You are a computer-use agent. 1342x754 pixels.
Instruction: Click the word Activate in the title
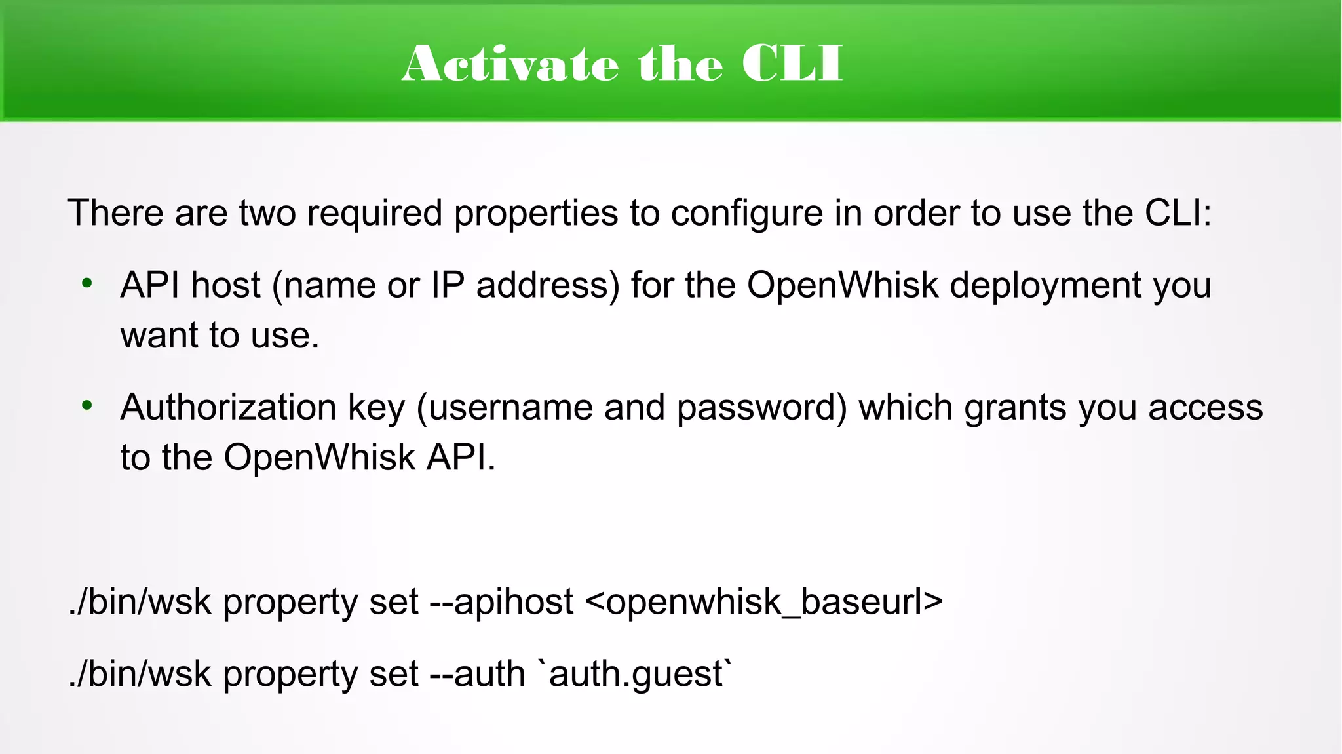pos(510,64)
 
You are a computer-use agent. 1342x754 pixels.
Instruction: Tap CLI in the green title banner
pos(792,64)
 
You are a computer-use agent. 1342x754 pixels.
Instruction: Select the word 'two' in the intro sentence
pos(267,213)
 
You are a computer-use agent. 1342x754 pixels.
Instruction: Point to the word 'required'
pos(374,214)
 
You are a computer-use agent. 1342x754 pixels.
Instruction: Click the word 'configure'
pos(746,214)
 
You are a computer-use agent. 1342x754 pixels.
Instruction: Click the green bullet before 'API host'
pos(87,284)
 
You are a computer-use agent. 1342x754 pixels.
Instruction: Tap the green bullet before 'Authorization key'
pos(87,406)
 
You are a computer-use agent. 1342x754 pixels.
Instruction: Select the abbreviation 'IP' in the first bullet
pos(448,285)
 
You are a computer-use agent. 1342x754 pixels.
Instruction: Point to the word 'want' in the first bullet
pos(159,336)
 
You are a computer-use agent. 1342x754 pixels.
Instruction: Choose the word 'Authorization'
pos(229,407)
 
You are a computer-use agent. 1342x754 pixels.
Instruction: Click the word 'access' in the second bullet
pos(1205,408)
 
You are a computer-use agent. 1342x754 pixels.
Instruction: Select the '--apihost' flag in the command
pos(501,603)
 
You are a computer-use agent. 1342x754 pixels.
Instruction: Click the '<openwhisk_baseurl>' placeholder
pos(763,603)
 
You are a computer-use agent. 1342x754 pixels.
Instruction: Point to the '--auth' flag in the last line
pos(477,674)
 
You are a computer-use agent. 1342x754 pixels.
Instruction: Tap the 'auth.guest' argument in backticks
pos(635,675)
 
